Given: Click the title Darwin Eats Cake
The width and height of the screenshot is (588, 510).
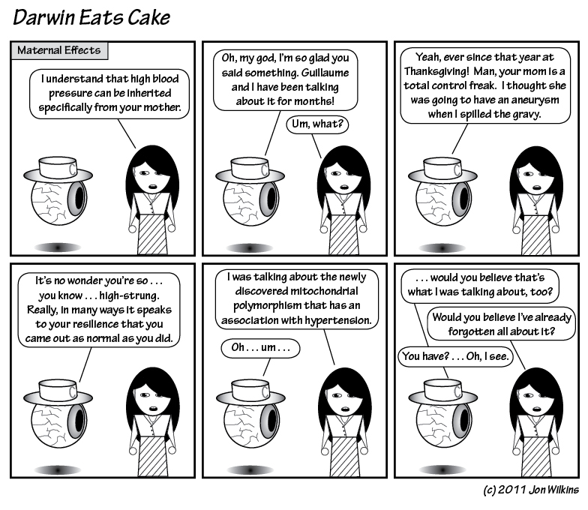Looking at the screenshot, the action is point(91,18).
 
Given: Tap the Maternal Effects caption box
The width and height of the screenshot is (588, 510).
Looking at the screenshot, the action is point(59,51).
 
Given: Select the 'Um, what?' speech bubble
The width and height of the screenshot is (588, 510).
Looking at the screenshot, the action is point(317,124).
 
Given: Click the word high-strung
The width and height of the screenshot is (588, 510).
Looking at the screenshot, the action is point(129,295).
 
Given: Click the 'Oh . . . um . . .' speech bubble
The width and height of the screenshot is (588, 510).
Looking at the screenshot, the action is point(261,348).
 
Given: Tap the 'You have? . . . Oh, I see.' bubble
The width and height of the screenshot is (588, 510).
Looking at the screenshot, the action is point(455,355).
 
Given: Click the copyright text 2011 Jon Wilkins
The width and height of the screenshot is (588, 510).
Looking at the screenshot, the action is point(538,490).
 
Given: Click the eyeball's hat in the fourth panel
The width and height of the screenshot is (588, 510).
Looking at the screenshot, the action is point(58,392).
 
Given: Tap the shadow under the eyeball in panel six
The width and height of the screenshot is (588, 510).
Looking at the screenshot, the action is point(442,469).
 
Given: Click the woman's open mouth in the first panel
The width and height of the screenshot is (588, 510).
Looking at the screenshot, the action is point(153,186).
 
